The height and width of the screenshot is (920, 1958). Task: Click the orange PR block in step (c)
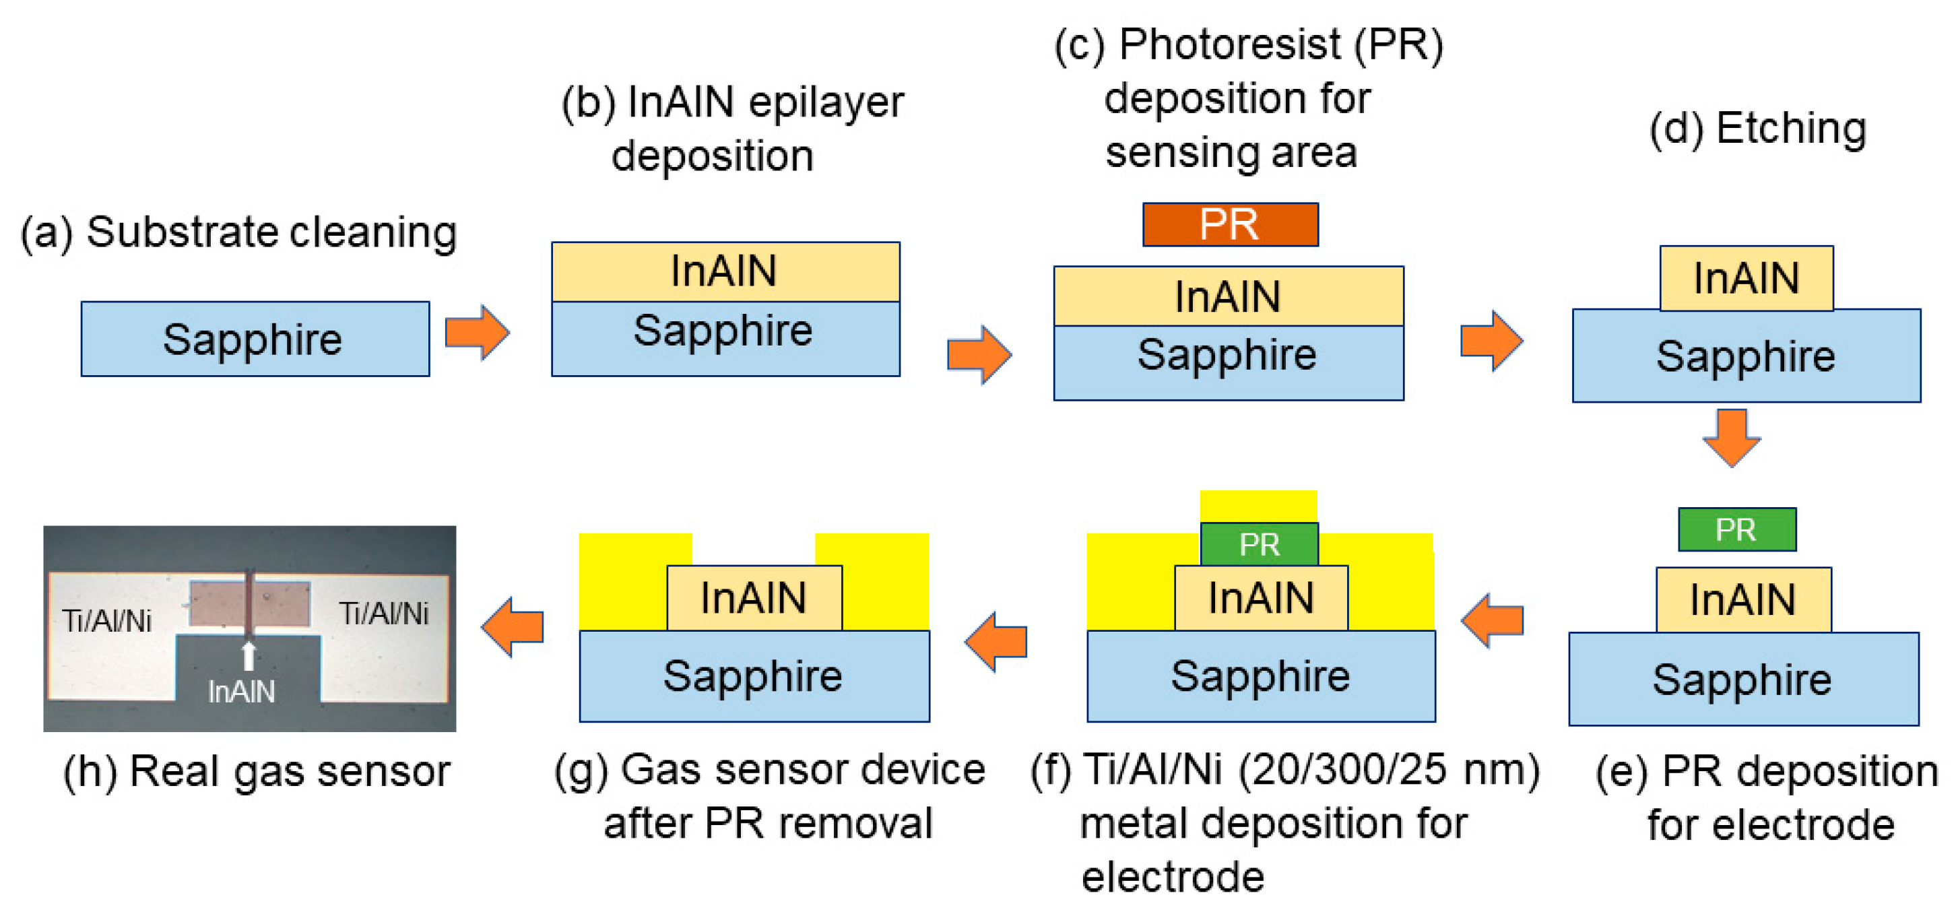[x=1230, y=224]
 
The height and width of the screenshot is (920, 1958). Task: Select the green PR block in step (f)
[x=1259, y=544]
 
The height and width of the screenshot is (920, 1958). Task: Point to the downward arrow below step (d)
[x=1731, y=437]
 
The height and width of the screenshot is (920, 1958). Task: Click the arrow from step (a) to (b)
[x=477, y=332]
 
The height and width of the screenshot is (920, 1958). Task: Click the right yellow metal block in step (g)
[x=882, y=582]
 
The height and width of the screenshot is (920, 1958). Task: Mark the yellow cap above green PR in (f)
[x=1258, y=506]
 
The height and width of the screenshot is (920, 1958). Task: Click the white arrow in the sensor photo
[x=248, y=655]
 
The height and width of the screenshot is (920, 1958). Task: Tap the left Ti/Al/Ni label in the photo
[x=106, y=621]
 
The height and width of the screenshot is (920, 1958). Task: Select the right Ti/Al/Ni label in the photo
[x=383, y=614]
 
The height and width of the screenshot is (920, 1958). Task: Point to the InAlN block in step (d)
[x=1746, y=278]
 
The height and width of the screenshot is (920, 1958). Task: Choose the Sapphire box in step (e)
[x=1743, y=679]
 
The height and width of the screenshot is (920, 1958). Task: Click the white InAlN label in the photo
[x=242, y=691]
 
